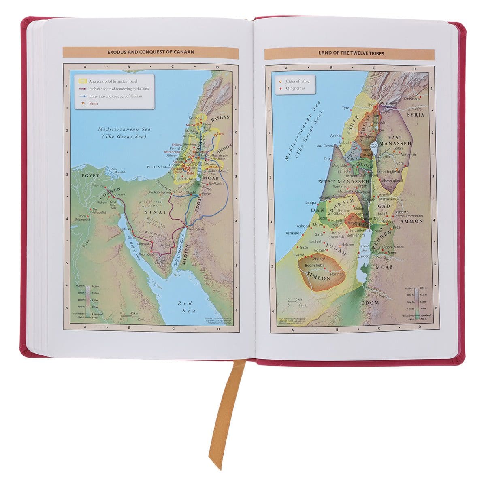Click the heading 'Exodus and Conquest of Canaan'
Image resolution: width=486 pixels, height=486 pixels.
151,52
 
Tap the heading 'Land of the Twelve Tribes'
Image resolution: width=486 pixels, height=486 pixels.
351,53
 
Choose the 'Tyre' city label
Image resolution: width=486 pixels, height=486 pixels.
345,108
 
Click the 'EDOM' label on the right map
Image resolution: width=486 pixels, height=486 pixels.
370,302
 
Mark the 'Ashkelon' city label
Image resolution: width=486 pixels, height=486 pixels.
294,233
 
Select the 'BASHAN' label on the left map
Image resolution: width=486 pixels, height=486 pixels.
220,117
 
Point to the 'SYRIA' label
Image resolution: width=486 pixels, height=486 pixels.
416,115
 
